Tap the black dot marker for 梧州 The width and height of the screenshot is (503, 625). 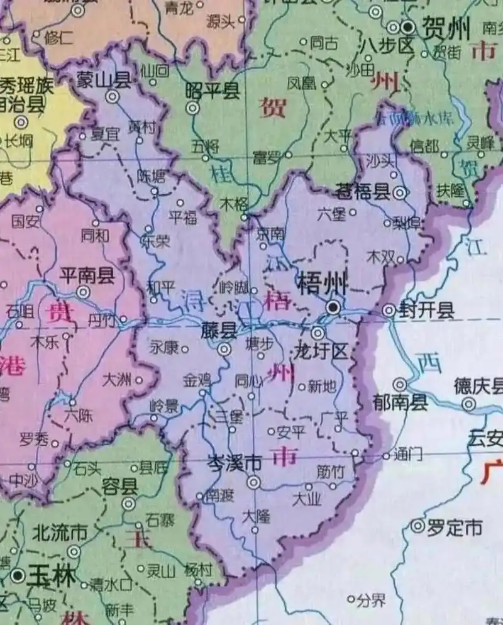[x=334, y=306]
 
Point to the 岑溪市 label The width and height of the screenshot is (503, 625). [x=235, y=464]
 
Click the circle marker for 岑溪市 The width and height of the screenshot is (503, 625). [x=253, y=482]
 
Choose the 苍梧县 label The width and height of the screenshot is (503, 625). [x=363, y=192]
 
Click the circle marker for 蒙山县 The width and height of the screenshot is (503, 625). [x=113, y=96]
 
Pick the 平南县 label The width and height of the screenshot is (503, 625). [x=86, y=274]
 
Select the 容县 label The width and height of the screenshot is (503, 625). [x=119, y=487]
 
